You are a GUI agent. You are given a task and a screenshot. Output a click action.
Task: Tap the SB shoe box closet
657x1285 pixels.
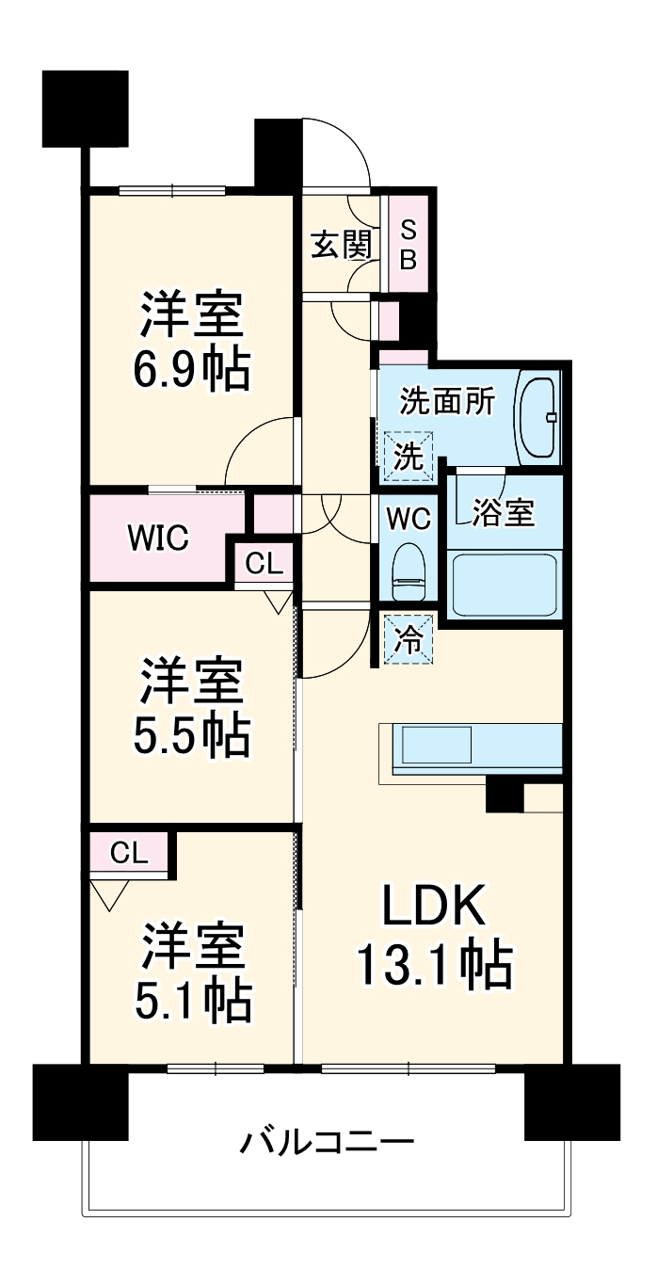pyautogui.click(x=408, y=244)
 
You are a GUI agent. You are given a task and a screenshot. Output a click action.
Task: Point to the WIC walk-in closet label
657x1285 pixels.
pyautogui.click(x=158, y=538)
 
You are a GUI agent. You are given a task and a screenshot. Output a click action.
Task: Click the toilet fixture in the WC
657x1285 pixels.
pyautogui.click(x=408, y=571)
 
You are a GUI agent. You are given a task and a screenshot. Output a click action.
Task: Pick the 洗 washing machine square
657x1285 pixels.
pyautogui.click(x=408, y=457)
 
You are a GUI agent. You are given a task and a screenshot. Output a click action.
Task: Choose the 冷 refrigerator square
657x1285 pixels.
pyautogui.click(x=408, y=639)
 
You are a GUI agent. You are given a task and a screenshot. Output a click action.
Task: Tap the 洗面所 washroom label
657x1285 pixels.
pyautogui.click(x=447, y=402)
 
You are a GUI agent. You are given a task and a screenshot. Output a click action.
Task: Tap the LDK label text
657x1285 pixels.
pyautogui.click(x=433, y=908)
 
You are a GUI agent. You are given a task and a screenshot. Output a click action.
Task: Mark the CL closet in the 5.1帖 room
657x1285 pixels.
pyautogui.click(x=128, y=854)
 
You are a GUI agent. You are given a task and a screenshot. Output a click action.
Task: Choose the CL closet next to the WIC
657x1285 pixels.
pyautogui.click(x=264, y=564)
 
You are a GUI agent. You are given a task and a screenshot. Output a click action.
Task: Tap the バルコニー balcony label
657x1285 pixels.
pyautogui.click(x=327, y=1144)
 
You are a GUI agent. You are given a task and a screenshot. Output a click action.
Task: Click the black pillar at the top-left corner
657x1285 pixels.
pyautogui.click(x=85, y=108)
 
